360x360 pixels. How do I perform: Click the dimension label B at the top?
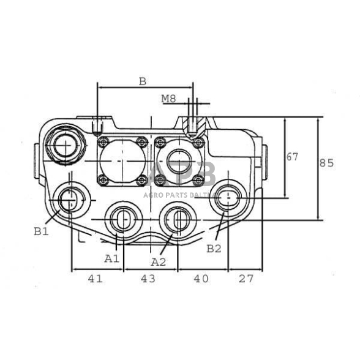(x=142, y=81)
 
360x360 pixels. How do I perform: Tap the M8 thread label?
(x=168, y=99)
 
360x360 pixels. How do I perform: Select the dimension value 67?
(x=292, y=157)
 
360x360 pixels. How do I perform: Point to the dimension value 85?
(x=326, y=163)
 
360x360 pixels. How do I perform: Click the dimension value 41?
(x=95, y=279)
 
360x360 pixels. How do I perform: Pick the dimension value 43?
(x=148, y=279)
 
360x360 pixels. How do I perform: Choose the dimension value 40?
(x=201, y=279)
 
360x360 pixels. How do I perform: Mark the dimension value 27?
(x=246, y=279)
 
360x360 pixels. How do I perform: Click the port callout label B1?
(x=42, y=231)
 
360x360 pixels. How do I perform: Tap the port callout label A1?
(x=112, y=258)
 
